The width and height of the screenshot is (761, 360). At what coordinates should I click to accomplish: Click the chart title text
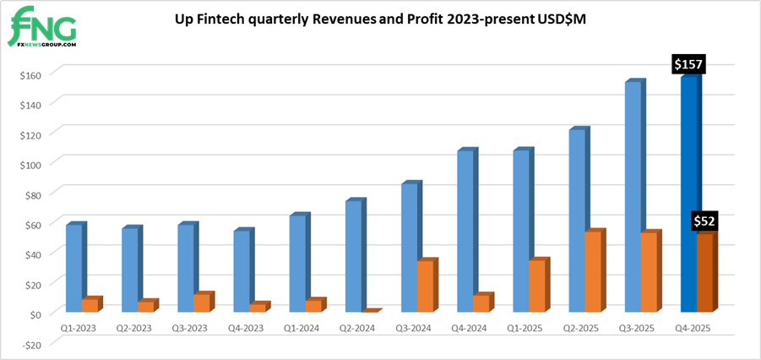pyautogui.click(x=379, y=18)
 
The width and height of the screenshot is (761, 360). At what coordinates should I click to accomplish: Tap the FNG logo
pyautogui.click(x=44, y=28)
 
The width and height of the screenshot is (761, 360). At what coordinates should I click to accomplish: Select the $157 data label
pyautogui.click(x=688, y=63)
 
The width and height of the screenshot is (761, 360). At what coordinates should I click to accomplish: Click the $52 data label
pyautogui.click(x=705, y=221)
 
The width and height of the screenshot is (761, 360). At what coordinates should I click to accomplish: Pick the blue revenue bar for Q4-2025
pyautogui.click(x=688, y=194)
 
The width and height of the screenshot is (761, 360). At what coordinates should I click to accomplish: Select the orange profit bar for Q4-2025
pyautogui.click(x=705, y=272)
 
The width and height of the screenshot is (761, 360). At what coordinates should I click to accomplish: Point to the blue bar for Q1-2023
pyautogui.click(x=73, y=268)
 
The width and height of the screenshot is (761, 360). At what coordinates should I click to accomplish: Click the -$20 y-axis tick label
pyautogui.click(x=33, y=343)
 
